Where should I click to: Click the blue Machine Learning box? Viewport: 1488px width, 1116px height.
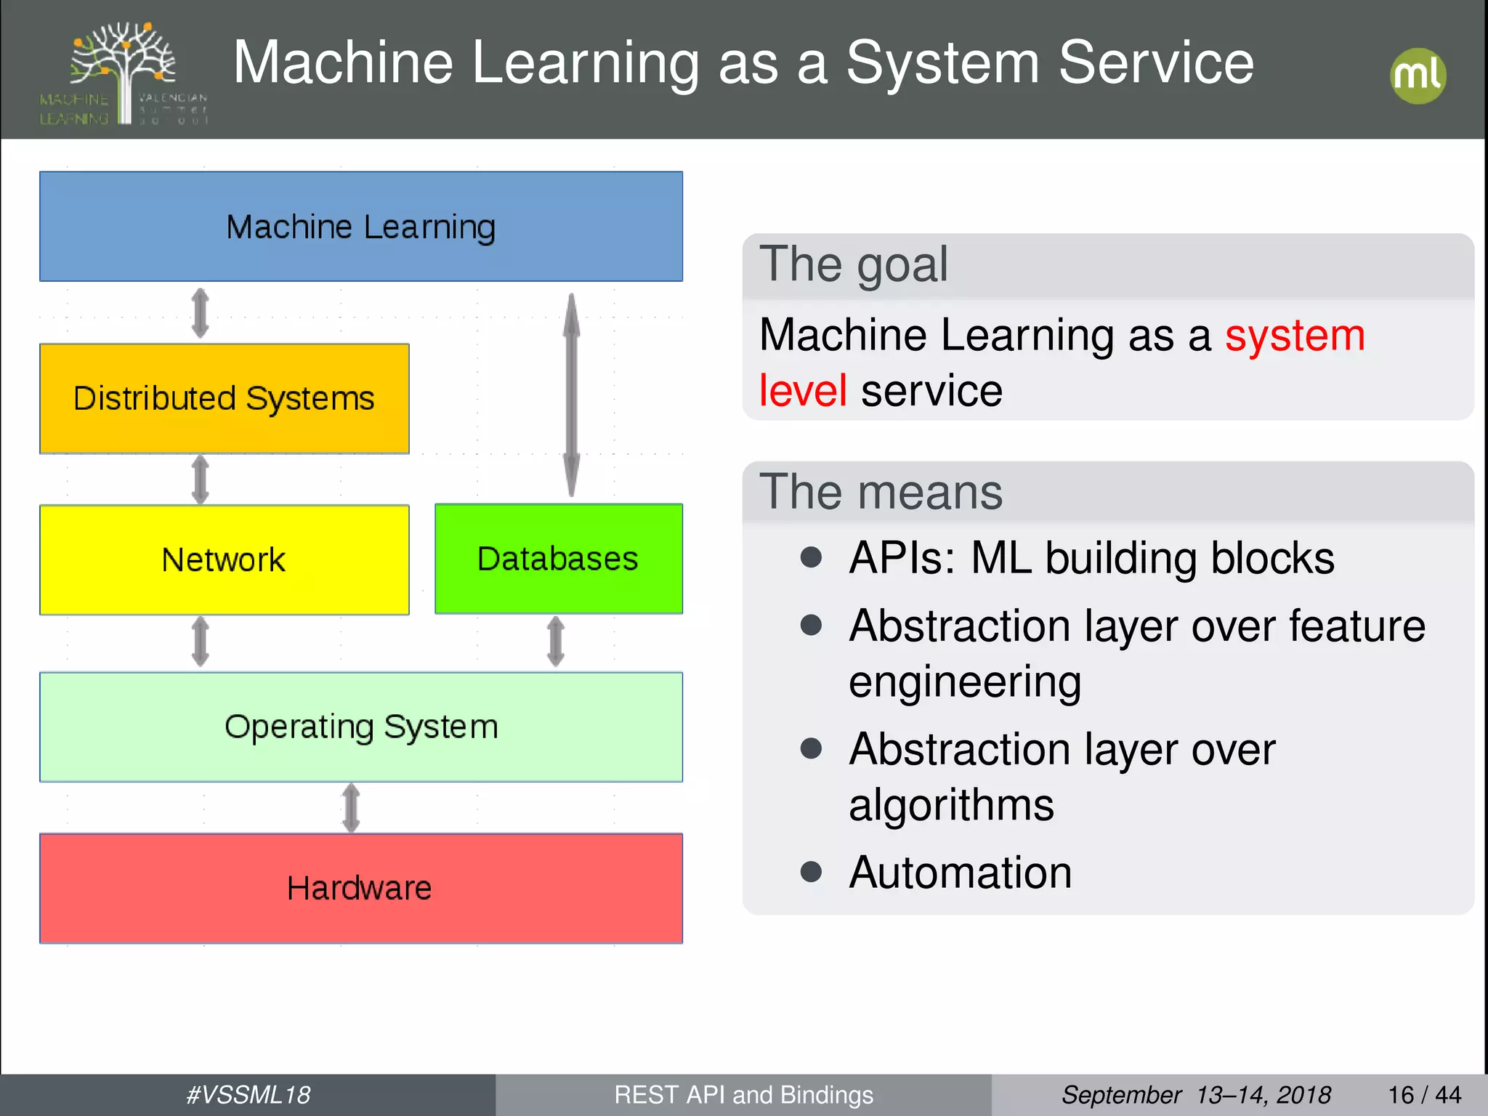(x=361, y=226)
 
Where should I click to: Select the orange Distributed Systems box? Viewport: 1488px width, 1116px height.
(x=224, y=398)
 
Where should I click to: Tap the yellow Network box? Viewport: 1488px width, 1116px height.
(x=224, y=559)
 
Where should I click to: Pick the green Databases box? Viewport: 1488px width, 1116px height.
(x=558, y=558)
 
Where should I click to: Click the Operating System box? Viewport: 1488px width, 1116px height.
(x=361, y=727)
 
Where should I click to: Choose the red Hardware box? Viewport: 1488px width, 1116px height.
(x=361, y=888)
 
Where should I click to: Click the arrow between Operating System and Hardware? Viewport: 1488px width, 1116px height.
(x=351, y=807)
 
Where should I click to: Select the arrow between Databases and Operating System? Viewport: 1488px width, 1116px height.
(x=556, y=642)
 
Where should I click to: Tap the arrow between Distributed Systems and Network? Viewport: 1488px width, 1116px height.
(x=201, y=479)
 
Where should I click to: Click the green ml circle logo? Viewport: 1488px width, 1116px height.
(x=1418, y=76)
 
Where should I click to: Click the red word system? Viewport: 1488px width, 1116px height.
(x=1295, y=336)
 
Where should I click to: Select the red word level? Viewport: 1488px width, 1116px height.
(x=802, y=391)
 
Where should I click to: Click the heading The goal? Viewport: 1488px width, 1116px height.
(x=854, y=264)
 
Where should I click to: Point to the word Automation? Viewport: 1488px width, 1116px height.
(x=960, y=872)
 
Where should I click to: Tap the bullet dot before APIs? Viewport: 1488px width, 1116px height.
(x=811, y=558)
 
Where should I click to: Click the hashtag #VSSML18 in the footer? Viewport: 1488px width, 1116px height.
(x=248, y=1095)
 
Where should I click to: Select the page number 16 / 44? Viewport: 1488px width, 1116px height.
(x=1424, y=1095)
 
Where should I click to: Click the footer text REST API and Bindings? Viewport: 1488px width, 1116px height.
(x=743, y=1095)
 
